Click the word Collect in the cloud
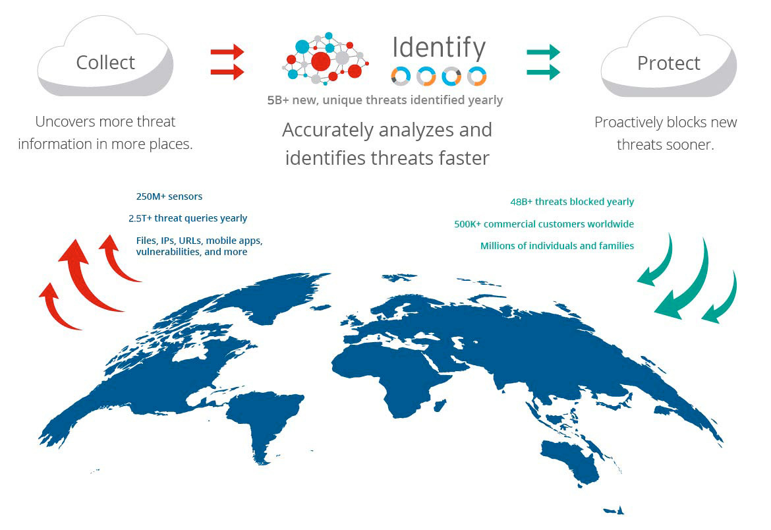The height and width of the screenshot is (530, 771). (105, 63)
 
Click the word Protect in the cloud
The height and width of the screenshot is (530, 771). (668, 63)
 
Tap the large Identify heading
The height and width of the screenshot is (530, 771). (439, 47)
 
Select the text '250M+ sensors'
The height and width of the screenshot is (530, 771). (169, 196)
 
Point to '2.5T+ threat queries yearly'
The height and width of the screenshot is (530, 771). (188, 218)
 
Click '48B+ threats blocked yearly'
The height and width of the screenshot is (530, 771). (572, 202)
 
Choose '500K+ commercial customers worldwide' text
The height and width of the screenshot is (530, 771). (544, 224)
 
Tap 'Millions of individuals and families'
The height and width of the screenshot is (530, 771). (557, 246)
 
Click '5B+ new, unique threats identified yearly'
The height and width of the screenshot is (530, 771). (385, 100)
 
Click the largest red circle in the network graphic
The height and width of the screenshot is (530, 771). (321, 61)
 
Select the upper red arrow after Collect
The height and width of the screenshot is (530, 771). (227, 51)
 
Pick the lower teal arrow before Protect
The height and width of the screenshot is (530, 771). (543, 72)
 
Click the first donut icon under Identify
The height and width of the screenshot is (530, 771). (400, 76)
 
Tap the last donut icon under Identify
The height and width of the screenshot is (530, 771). (476, 76)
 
